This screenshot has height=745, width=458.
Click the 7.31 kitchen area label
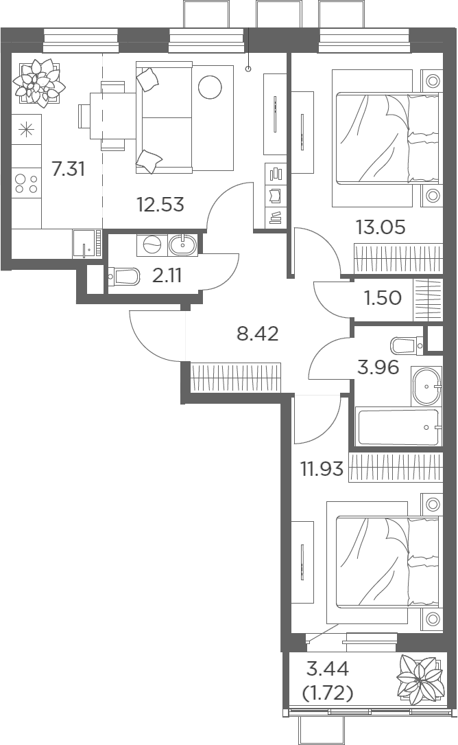(69, 169)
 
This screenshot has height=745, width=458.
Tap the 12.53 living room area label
(160, 205)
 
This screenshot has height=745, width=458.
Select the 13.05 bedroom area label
(381, 227)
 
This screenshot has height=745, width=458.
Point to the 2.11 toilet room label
(167, 275)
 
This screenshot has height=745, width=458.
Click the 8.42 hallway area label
(257, 334)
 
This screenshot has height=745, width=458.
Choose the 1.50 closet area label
(383, 298)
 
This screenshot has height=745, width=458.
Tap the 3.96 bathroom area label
(378, 367)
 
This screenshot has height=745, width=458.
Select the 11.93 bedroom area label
(322, 469)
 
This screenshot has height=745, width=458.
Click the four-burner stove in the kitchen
(26, 183)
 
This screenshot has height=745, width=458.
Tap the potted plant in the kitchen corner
(38, 82)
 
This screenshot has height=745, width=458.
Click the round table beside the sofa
(210, 87)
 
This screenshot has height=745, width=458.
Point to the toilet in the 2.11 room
(124, 276)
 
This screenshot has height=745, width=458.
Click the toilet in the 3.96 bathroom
(407, 345)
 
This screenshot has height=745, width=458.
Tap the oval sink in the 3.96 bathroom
(426, 387)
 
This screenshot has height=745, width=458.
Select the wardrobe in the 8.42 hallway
(235, 378)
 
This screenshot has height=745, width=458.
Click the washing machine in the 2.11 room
(152, 244)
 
